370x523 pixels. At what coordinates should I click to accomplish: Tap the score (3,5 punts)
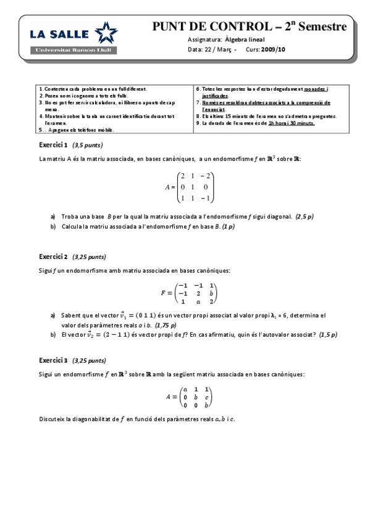pyautogui.click(x=87, y=146)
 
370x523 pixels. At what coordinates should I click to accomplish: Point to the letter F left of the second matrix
pyautogui.click(x=163, y=294)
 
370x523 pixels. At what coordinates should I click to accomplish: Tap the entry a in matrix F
pyautogui.click(x=198, y=302)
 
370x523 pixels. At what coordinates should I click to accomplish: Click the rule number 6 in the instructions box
pyautogui.click(x=198, y=89)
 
